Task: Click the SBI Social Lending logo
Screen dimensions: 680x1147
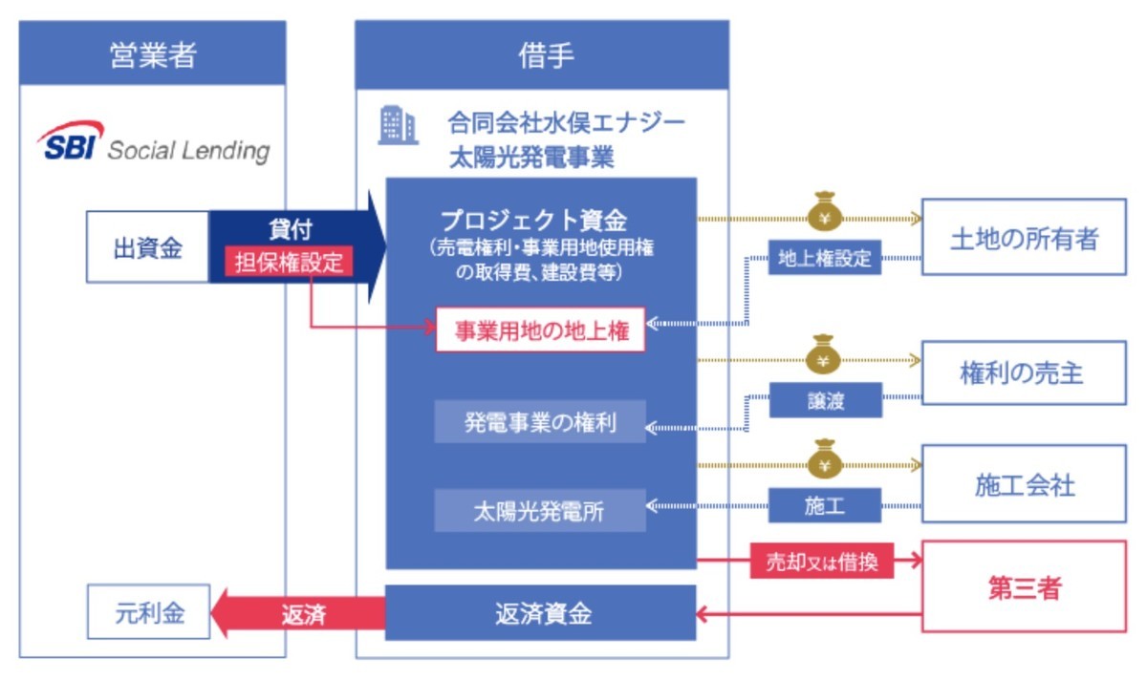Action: click(x=153, y=144)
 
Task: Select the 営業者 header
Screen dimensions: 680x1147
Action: click(x=152, y=54)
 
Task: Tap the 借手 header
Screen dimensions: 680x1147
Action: click(x=542, y=54)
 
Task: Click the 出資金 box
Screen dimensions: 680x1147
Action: click(x=147, y=247)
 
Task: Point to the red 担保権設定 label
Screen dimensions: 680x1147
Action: click(x=289, y=263)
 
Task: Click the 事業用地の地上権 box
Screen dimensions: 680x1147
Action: click(x=540, y=330)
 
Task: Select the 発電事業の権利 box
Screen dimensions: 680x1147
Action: click(x=540, y=422)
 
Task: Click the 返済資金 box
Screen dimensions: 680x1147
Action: click(x=542, y=613)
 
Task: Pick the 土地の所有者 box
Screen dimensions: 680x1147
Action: click(x=1024, y=239)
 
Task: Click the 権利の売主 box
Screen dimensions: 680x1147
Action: click(x=1024, y=373)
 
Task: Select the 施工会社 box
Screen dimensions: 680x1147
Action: click(x=1024, y=485)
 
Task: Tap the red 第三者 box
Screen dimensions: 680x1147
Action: click(x=1024, y=587)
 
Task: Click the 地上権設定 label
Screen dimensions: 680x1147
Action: click(x=824, y=258)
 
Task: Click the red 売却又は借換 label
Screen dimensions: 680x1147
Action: click(x=823, y=563)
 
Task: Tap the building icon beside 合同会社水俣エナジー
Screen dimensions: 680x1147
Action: click(x=398, y=126)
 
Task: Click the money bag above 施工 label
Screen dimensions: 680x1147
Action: click(x=824, y=459)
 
